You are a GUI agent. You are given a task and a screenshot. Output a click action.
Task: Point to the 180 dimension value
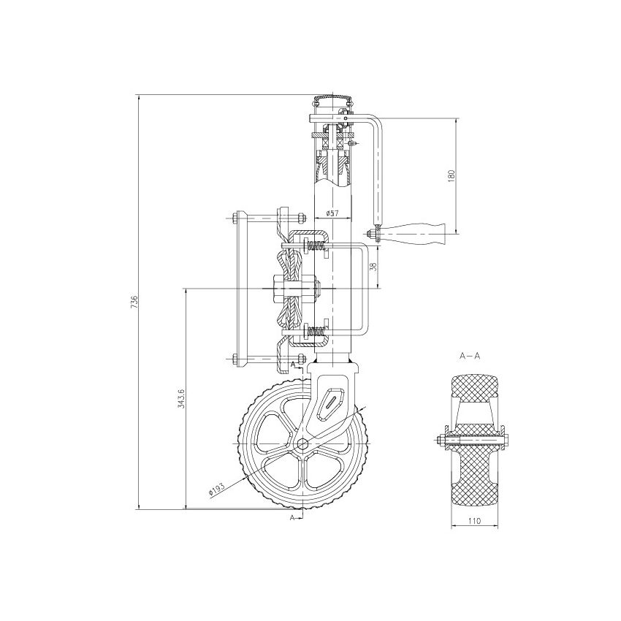[451, 175]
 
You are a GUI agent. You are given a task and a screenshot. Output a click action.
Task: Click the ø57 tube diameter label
[331, 213]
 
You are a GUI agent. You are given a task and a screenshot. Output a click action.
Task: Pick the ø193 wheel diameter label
[216, 489]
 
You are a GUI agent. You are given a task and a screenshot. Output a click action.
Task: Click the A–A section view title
[469, 356]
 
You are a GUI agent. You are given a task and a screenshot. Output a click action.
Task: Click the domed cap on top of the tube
[332, 98]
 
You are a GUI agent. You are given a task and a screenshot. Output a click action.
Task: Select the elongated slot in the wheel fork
[333, 398]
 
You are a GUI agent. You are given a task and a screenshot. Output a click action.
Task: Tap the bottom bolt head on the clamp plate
[232, 359]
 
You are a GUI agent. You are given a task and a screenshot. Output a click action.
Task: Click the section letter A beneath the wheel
[293, 517]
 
